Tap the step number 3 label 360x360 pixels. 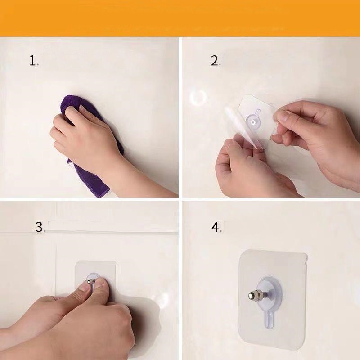[39, 227]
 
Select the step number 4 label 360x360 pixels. [215, 227]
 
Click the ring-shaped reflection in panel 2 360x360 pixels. [198, 97]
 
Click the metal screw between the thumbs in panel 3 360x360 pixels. [91, 281]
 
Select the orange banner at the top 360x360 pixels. [180, 18]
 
